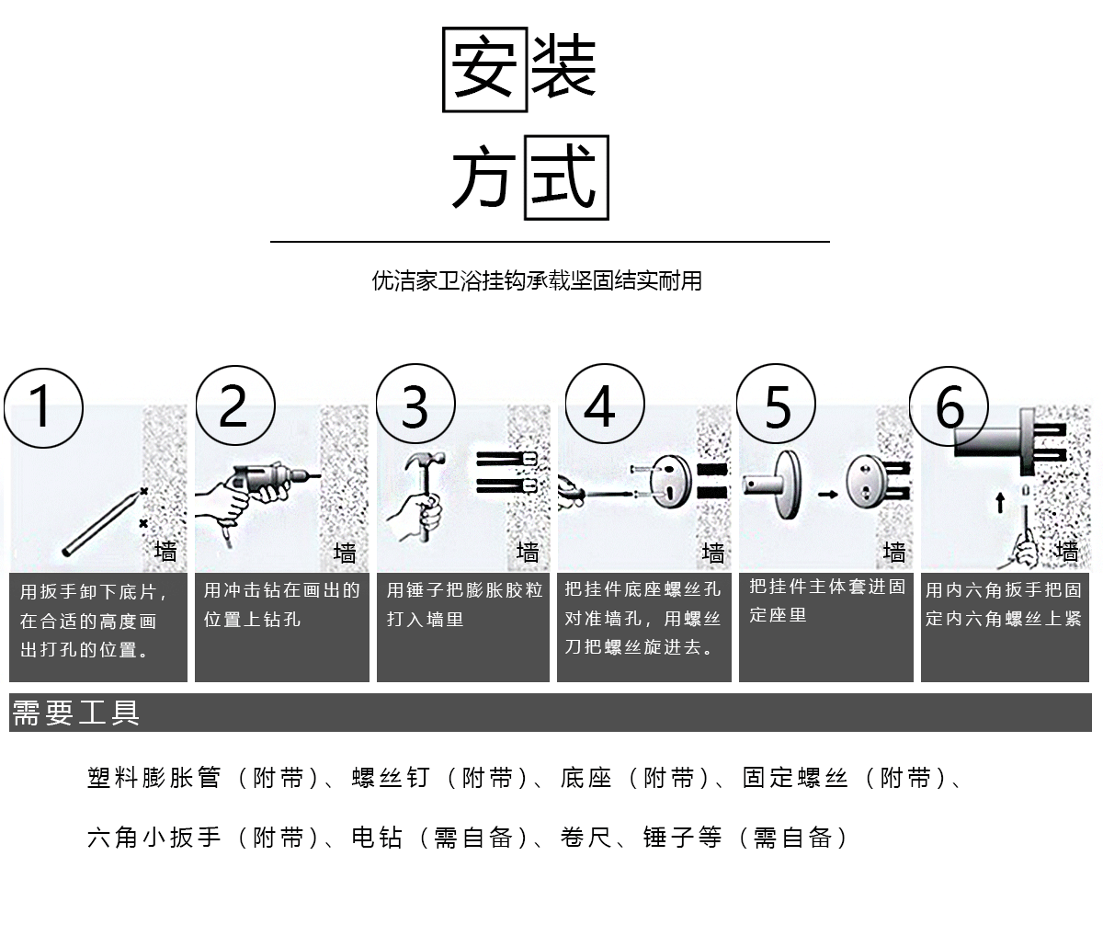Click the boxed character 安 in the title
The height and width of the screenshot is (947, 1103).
click(x=483, y=71)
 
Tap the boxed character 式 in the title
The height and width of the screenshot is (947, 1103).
click(x=565, y=178)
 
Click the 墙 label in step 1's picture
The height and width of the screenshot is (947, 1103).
click(x=165, y=552)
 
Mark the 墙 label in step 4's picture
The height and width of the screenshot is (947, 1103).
click(x=713, y=553)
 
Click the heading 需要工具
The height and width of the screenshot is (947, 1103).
click(x=75, y=713)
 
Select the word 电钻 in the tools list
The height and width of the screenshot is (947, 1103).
click(x=377, y=837)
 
